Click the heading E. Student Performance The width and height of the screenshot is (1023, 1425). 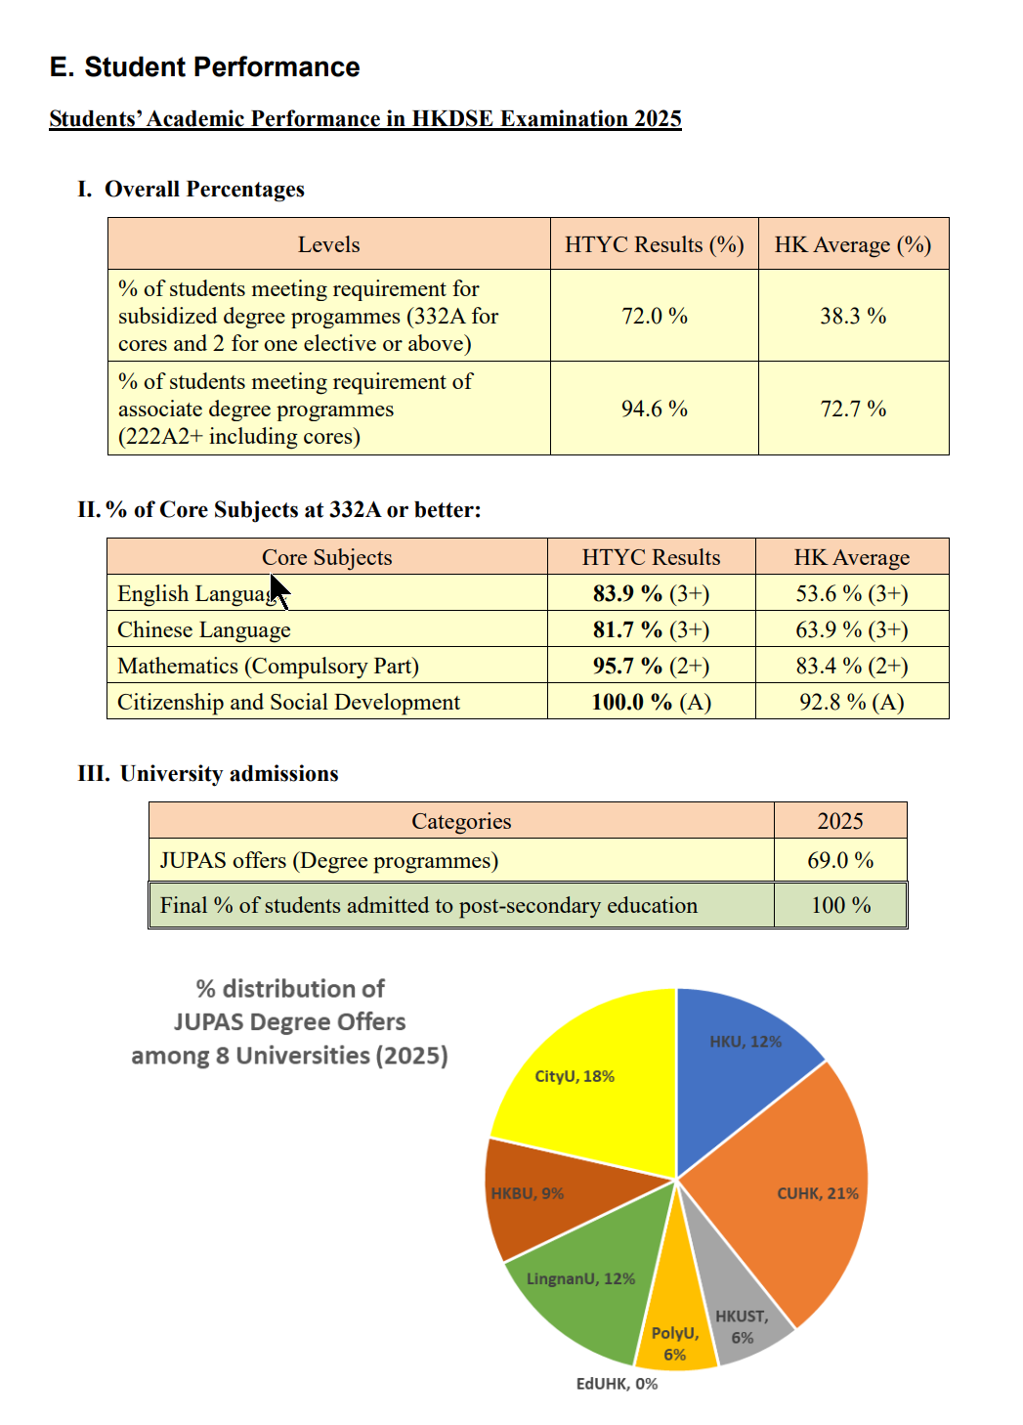coord(204,66)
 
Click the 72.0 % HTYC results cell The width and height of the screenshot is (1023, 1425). coord(655,316)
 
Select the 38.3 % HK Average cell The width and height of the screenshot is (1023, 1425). coord(853,316)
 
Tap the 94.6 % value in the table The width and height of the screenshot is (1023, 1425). coord(655,409)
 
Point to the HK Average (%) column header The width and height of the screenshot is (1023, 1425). coord(853,244)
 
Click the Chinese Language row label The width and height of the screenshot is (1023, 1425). coord(204,629)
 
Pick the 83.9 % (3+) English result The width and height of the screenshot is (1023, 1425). coord(651,593)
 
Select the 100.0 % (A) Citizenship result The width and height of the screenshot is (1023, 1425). coord(651,702)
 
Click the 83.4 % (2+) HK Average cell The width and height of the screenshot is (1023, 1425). coord(851,666)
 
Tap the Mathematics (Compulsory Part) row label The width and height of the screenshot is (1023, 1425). coord(268,666)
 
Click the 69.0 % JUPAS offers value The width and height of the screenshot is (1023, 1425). coord(840,860)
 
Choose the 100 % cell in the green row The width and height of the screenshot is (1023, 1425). coord(840,905)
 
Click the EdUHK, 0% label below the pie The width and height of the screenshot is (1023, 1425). coord(617,1384)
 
